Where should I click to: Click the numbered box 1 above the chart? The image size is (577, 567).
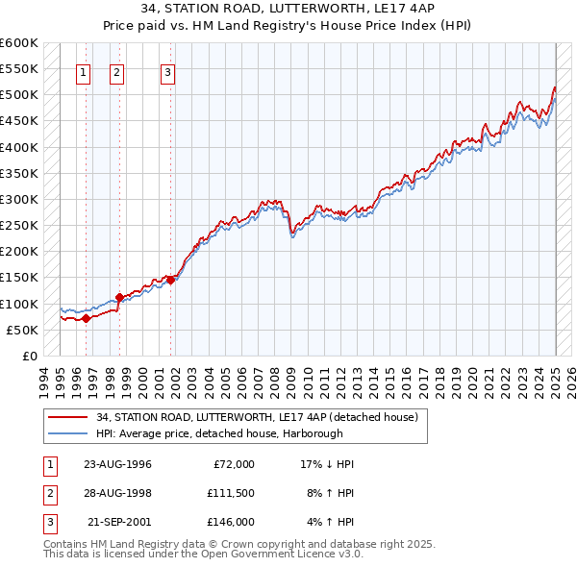coord(83,72)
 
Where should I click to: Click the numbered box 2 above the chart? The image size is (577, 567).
coord(116,72)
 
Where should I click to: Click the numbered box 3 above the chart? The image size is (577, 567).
coord(167,72)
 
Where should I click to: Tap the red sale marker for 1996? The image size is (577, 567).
coord(86,318)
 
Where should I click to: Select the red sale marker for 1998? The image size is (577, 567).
coord(119,298)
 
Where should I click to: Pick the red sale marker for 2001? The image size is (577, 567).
coord(170,280)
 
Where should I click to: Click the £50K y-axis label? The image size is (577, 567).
coord(22,330)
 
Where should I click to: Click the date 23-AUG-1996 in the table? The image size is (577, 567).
coord(117,464)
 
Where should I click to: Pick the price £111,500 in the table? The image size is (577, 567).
coord(230,493)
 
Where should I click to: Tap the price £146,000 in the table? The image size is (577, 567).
coord(230,522)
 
